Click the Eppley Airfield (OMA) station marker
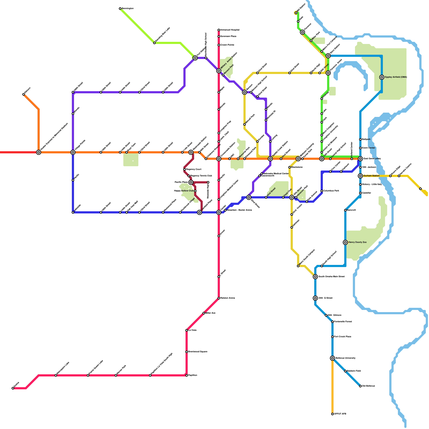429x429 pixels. pyautogui.click(x=382, y=77)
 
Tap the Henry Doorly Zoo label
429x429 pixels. pyautogui.click(x=357, y=242)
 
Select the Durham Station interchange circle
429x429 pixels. pyautogui.click(x=360, y=176)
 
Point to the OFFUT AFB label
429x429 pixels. pyautogui.click(x=340, y=414)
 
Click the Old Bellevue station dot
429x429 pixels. pyautogui.click(x=360, y=386)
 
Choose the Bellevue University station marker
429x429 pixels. pyautogui.click(x=332, y=358)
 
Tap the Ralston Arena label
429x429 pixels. pyautogui.click(x=227, y=298)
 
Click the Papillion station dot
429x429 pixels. pyautogui.click(x=187, y=375)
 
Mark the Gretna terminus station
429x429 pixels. pyautogui.click(x=13, y=388)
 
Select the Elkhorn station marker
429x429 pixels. pyautogui.click(x=24, y=94)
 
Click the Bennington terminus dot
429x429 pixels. pyautogui.click(x=120, y=9)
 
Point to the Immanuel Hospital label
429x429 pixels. pyautogui.click(x=230, y=30)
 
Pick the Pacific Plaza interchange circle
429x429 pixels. pyautogui.click(x=191, y=182)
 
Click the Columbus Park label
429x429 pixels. pyautogui.click(x=331, y=191)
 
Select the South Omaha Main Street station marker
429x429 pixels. pyautogui.click(x=315, y=277)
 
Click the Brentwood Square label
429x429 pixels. pyautogui.click(x=198, y=352)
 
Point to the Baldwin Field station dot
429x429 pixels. pyautogui.click(x=345, y=371)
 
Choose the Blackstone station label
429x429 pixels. pyautogui.click(x=297, y=167)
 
